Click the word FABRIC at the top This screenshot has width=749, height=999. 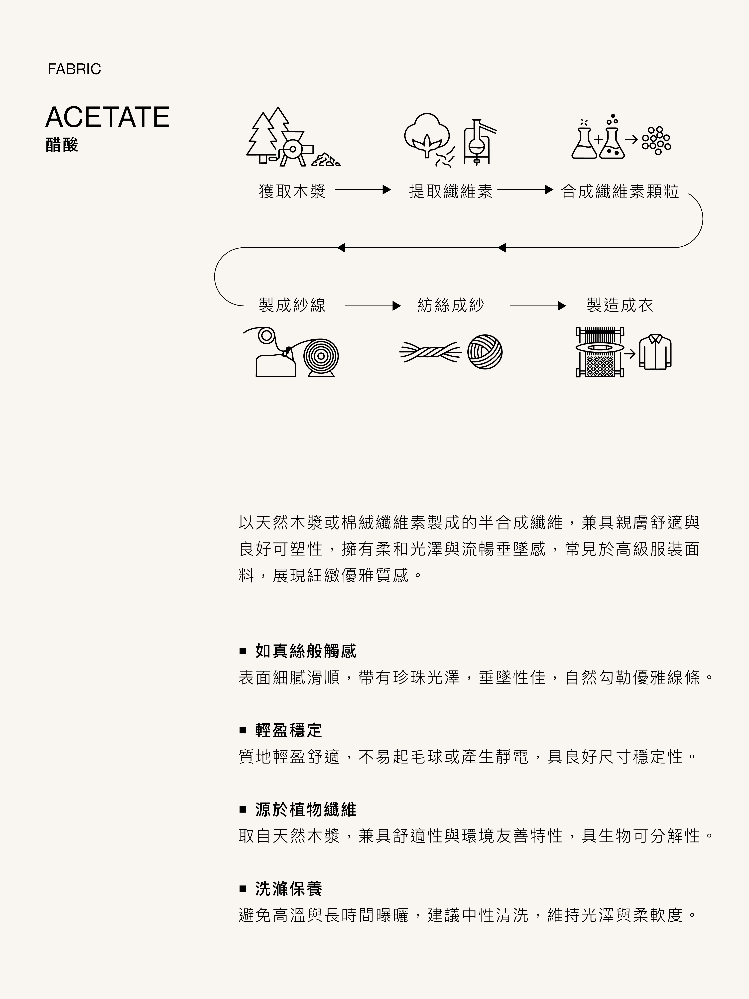tap(74, 69)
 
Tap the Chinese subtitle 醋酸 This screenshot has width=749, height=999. tap(62, 145)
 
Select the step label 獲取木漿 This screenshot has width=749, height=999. tap(292, 191)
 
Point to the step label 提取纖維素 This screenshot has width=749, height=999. tap(451, 191)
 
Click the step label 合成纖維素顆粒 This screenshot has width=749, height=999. tap(620, 191)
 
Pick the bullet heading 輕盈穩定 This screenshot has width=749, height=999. tap(288, 730)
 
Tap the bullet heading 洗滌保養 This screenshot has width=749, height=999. tap(288, 889)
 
